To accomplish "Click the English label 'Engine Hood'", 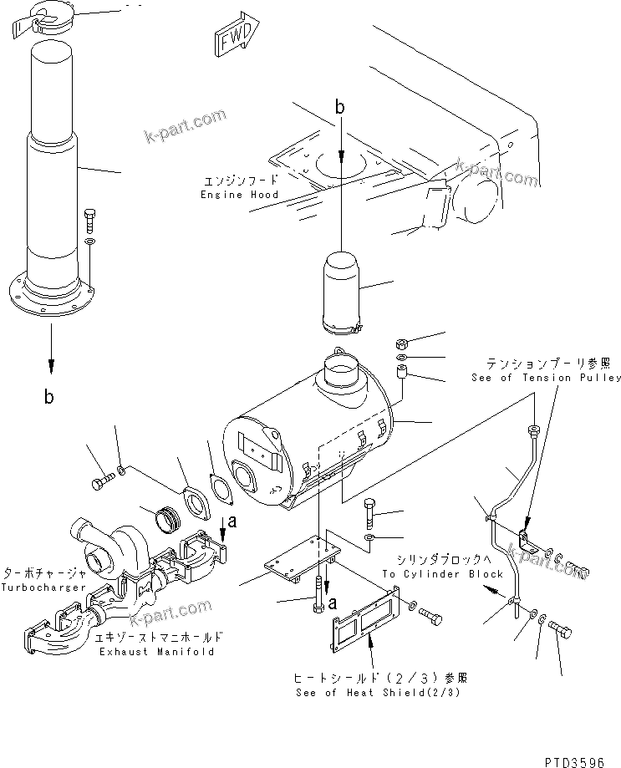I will pyautogui.click(x=239, y=195).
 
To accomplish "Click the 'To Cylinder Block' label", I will pyautogui.click(x=443, y=574).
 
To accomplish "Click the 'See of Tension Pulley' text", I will pyautogui.click(x=545, y=377).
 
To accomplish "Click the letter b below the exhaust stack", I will pyautogui.click(x=49, y=397).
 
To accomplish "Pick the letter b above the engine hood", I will pyautogui.click(x=339, y=106).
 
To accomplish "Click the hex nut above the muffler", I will pyautogui.click(x=401, y=344).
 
